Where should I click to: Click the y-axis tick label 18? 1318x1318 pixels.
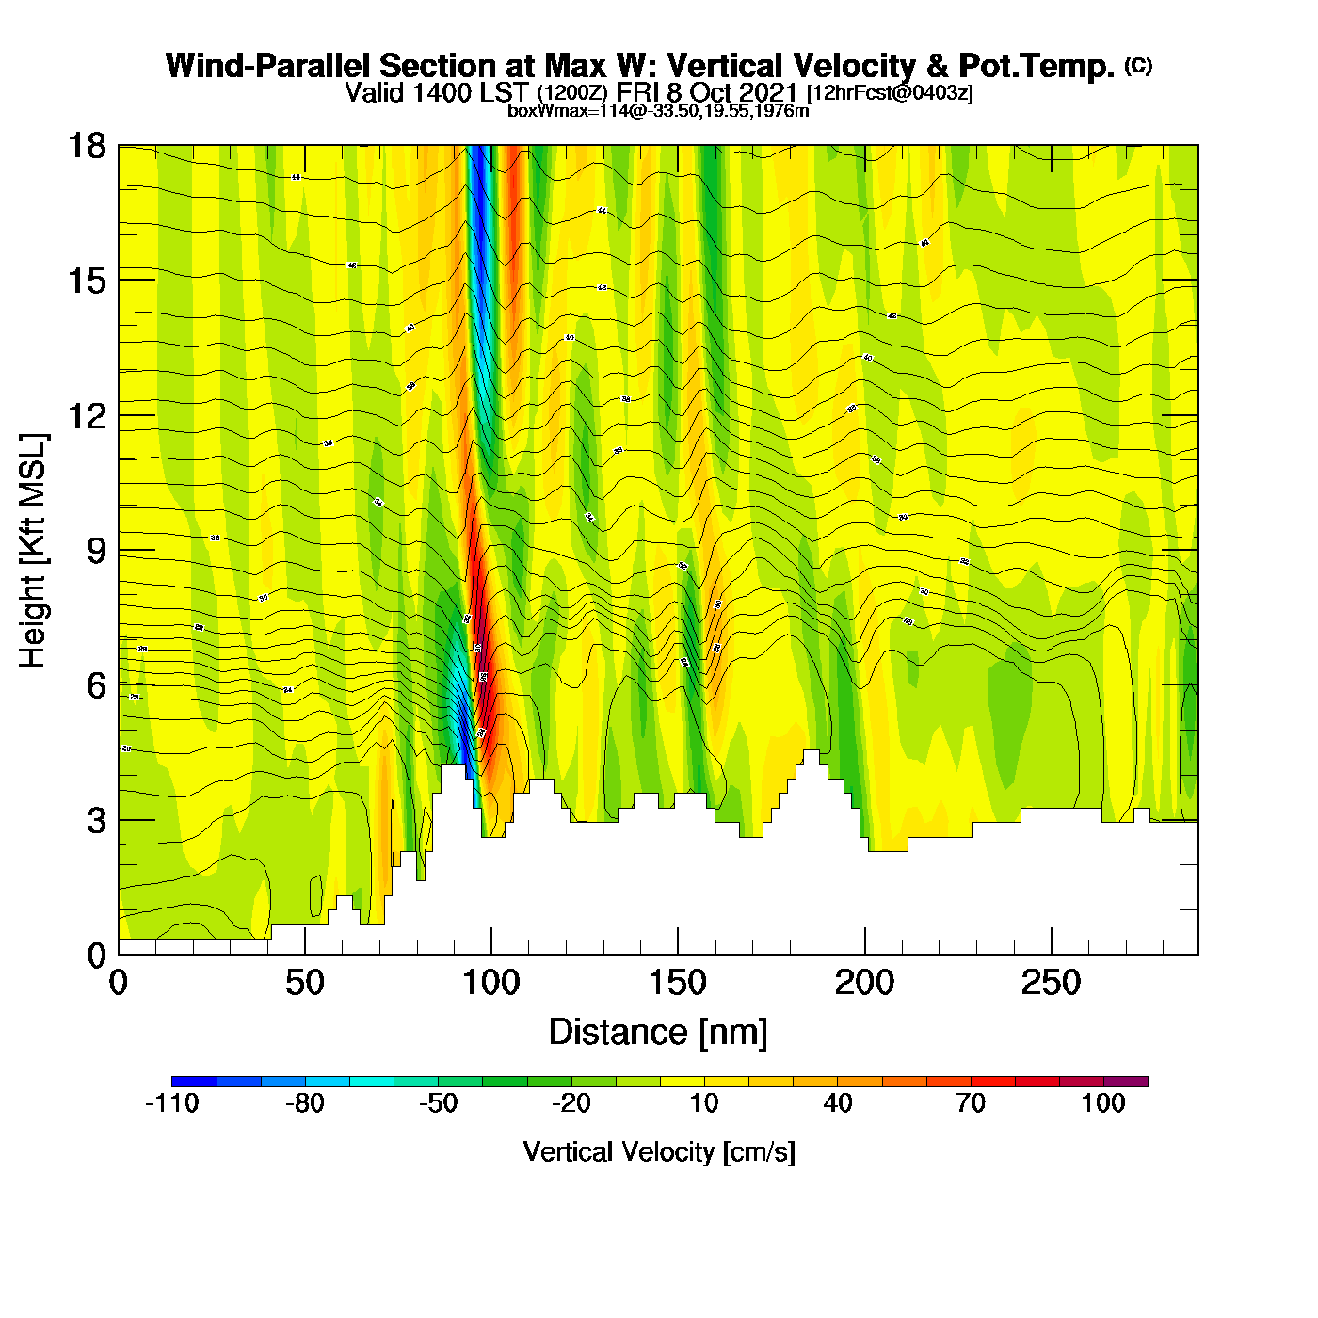pyautogui.click(x=86, y=146)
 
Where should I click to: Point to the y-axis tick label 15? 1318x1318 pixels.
pyautogui.click(x=86, y=281)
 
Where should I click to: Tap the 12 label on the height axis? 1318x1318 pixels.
pyautogui.click(x=86, y=415)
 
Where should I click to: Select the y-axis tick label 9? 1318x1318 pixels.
pyautogui.click(x=96, y=550)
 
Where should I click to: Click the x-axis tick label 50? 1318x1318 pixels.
pyautogui.click(x=304, y=983)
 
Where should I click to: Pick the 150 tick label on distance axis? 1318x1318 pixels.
pyautogui.click(x=678, y=983)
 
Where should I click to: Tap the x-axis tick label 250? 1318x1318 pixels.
pyautogui.click(x=1051, y=983)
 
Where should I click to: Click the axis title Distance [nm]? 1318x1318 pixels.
pyautogui.click(x=658, y=1032)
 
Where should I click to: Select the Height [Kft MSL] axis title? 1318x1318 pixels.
pyautogui.click(x=33, y=551)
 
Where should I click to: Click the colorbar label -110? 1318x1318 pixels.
pyautogui.click(x=172, y=1103)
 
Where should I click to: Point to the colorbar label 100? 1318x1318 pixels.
pyautogui.click(x=1103, y=1103)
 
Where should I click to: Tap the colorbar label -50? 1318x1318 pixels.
pyautogui.click(x=439, y=1103)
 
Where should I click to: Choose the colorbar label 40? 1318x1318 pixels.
pyautogui.click(x=838, y=1103)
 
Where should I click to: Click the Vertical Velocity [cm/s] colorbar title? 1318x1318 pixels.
pyautogui.click(x=659, y=1151)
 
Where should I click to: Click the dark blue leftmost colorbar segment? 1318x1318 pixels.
pyautogui.click(x=194, y=1082)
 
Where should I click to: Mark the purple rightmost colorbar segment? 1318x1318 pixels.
pyautogui.click(x=1126, y=1082)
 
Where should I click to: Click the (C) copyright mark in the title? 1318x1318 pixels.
pyautogui.click(x=1138, y=65)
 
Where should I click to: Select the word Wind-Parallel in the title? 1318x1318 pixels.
pyautogui.click(x=269, y=66)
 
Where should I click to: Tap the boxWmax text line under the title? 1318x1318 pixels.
pyautogui.click(x=658, y=110)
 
